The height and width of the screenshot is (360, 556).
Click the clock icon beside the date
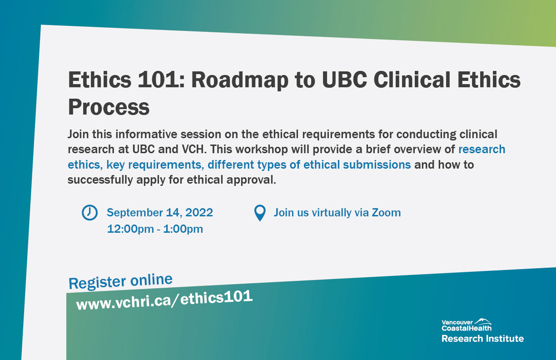[x=89, y=212]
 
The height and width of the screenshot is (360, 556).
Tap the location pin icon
[x=259, y=213]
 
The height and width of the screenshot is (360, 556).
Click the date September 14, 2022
[x=160, y=212]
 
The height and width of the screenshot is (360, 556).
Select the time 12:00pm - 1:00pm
[x=155, y=229]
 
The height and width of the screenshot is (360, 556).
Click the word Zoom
[x=386, y=212]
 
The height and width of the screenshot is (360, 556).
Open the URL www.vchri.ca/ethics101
[x=164, y=300]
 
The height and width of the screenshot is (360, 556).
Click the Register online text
[x=120, y=281]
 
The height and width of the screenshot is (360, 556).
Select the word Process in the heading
[x=109, y=107]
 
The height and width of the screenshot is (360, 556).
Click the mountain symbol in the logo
[x=483, y=321]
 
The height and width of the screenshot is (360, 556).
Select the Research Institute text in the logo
[x=482, y=338]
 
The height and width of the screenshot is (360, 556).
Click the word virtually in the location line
[x=331, y=212]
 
